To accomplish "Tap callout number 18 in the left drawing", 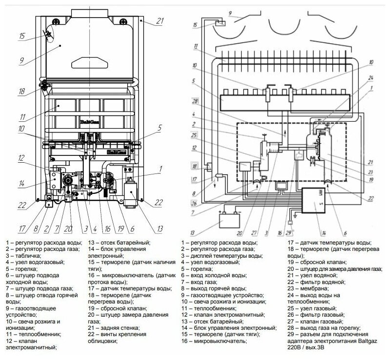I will [21, 91].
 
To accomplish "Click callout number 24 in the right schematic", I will [371, 78].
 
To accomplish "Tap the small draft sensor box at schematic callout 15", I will [221, 23].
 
